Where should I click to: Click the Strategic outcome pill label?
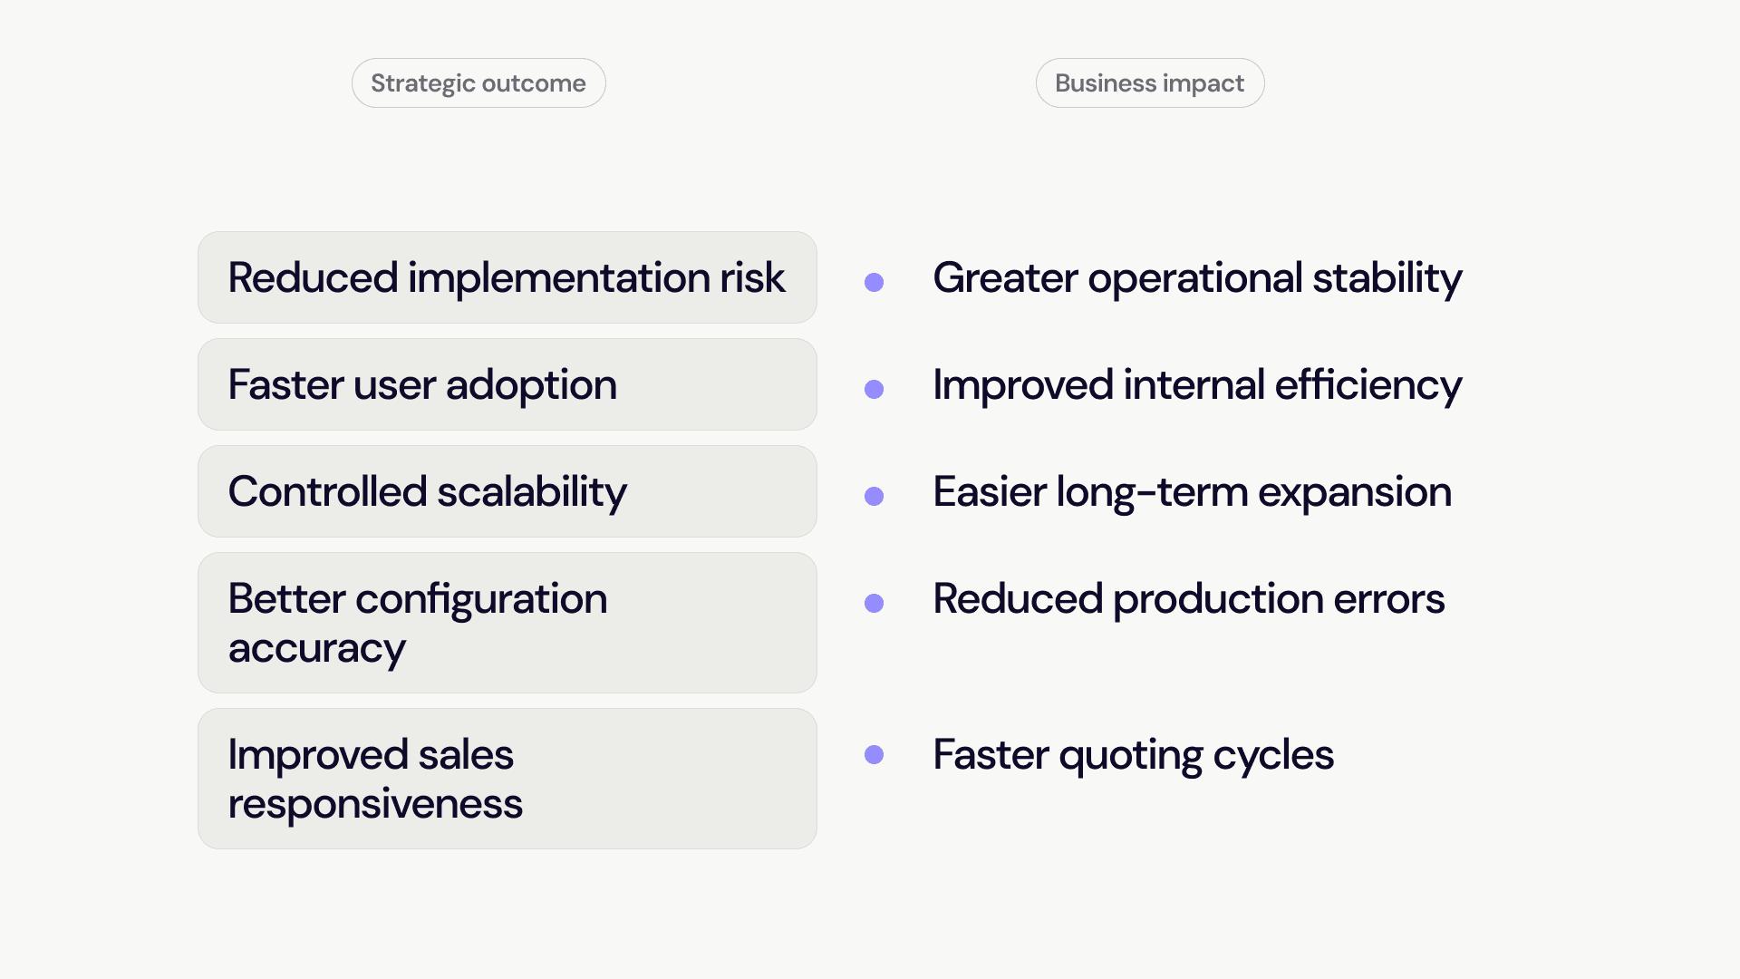coord(478,83)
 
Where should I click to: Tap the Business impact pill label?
coord(1150,83)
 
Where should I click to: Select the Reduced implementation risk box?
coord(507,277)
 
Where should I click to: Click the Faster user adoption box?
coord(507,384)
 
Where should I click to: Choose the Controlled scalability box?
coord(507,491)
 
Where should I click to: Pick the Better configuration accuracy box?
coord(507,623)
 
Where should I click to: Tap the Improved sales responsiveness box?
coord(507,779)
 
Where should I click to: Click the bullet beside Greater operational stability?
coord(874,282)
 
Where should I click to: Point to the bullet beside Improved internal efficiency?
coord(874,389)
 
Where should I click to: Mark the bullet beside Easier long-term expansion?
coord(874,496)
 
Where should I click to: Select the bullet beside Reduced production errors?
coord(874,603)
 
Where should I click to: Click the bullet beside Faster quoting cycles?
coord(874,754)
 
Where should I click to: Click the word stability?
coord(1387,279)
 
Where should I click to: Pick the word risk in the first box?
coord(752,277)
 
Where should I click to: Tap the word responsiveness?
coord(375,805)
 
